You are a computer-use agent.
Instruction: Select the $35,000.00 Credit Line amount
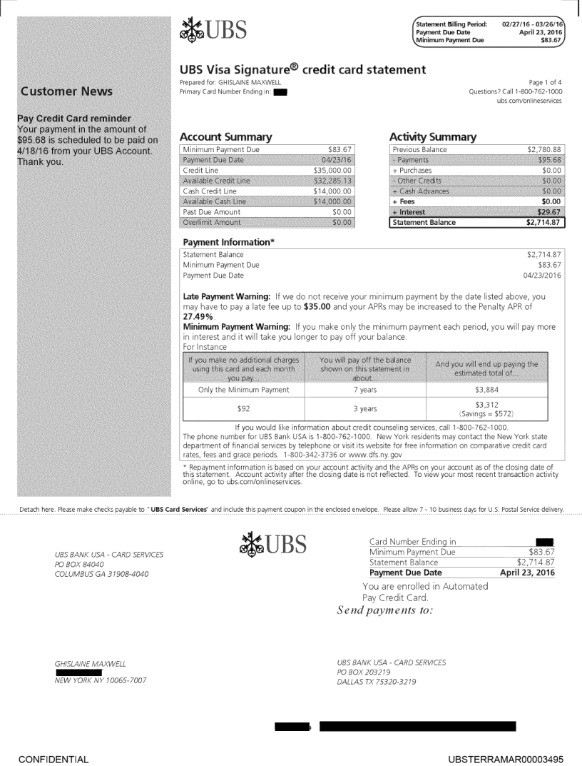[x=334, y=171]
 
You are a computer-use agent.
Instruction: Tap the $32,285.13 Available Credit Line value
[x=334, y=181]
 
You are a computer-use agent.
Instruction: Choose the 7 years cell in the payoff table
[x=365, y=390]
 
